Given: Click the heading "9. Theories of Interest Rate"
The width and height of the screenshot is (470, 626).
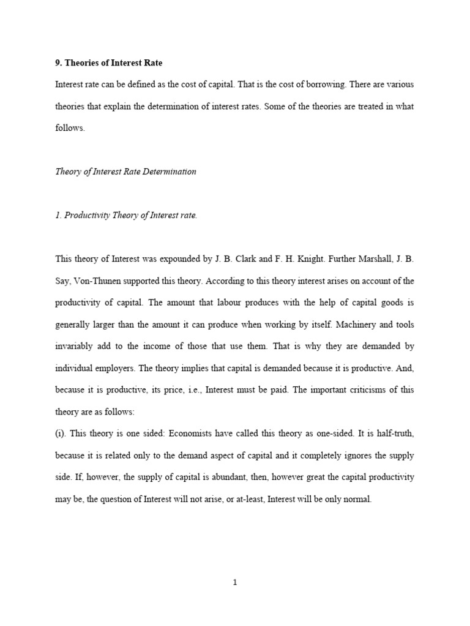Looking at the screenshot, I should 109,62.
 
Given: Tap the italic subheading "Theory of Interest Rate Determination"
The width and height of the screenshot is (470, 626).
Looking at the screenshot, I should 125,172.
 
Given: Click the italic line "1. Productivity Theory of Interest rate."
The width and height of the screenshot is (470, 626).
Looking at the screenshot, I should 126,216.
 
